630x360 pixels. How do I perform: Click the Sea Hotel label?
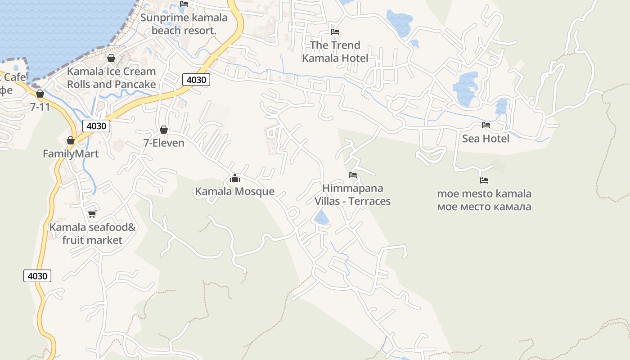click(486, 139)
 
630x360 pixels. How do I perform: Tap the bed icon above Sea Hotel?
click(486, 125)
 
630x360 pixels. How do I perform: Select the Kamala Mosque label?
click(234, 192)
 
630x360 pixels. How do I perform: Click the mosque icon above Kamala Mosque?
click(234, 179)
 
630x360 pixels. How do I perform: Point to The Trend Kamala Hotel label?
click(335, 52)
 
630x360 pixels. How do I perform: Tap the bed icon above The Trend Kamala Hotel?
click(335, 32)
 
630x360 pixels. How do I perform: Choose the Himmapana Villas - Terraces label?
click(352, 195)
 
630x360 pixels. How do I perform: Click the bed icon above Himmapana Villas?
click(352, 175)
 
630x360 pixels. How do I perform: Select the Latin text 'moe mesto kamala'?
click(484, 194)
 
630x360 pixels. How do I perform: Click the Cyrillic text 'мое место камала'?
click(484, 207)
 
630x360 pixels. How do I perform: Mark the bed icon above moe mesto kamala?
click(484, 180)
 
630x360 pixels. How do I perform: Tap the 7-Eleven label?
click(164, 143)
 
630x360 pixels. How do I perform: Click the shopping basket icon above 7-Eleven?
click(164, 130)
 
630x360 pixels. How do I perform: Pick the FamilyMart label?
click(71, 154)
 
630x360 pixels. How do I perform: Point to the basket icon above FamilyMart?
click(71, 141)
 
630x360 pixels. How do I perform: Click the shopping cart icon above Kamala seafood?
click(92, 214)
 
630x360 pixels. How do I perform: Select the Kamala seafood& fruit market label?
click(92, 234)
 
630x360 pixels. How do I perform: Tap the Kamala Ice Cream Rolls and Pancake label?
click(111, 78)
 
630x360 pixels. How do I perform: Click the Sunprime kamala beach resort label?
click(184, 24)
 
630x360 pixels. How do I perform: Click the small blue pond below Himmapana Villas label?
click(321, 217)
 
